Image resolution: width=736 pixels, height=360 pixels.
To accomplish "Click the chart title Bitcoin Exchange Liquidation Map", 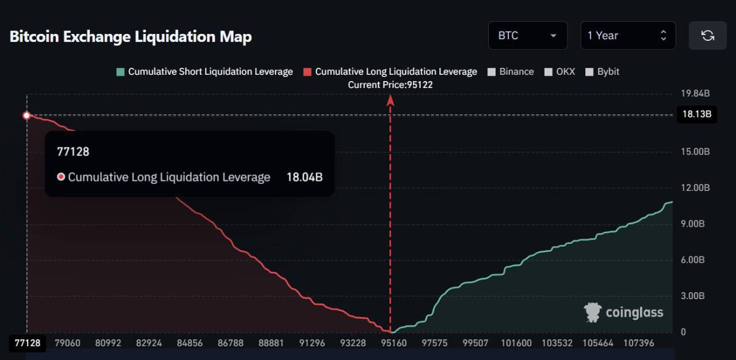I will [131, 36].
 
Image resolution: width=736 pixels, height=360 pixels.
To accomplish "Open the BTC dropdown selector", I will [527, 36].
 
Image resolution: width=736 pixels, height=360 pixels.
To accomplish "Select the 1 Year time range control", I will [627, 36].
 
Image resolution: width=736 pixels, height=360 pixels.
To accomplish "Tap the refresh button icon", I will [707, 36].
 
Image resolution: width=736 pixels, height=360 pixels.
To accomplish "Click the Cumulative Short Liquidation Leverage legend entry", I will [205, 72].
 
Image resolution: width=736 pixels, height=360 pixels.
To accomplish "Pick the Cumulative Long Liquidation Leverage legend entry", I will [390, 72].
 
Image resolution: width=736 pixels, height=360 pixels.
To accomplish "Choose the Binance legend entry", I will [511, 72].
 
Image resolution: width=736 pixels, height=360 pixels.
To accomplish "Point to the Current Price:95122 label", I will [390, 85].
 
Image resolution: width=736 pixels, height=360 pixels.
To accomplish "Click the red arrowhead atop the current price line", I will [390, 100].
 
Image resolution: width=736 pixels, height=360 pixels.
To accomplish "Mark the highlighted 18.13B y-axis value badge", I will [696, 114].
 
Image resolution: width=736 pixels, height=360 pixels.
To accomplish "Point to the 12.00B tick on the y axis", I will [695, 187].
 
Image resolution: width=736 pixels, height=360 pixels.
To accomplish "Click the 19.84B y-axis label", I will [695, 94].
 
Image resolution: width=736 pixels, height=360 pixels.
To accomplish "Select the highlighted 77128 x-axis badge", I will [27, 343].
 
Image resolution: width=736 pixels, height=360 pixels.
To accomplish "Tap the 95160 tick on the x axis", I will [394, 343].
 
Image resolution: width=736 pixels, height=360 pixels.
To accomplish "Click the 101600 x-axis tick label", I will [516, 343].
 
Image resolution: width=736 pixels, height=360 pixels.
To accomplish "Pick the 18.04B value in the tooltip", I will [304, 177].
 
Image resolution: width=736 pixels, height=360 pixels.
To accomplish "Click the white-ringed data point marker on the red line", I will [26, 116].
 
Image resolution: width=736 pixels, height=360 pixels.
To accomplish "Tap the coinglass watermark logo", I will [624, 312].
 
